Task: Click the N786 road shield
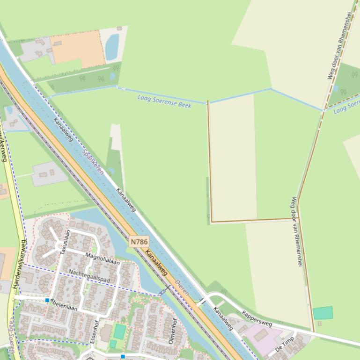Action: [139, 242]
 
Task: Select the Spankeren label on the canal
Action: [93, 162]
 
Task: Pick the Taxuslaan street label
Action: [65, 242]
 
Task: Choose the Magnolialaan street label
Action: [103, 259]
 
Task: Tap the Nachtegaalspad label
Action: [89, 276]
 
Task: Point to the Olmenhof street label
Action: [174, 331]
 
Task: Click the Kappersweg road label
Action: [257, 317]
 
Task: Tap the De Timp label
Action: [284, 345]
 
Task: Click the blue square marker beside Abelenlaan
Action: [47, 300]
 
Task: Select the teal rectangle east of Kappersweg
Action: [323, 313]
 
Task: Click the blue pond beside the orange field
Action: [112, 48]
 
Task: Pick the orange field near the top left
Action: [79, 48]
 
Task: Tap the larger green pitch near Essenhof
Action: [120, 331]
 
